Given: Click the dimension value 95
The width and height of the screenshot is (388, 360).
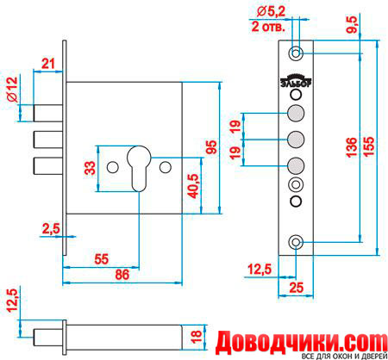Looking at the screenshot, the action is (212, 147).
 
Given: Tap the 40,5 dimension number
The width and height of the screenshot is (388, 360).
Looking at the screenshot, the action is (193, 186).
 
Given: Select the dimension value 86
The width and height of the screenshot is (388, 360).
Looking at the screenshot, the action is (122, 275).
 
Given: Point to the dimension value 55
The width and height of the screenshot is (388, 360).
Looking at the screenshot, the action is (102, 259).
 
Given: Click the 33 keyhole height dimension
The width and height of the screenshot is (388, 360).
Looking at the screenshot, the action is (90, 168).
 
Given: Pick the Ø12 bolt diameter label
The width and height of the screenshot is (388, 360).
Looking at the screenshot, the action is (12, 90).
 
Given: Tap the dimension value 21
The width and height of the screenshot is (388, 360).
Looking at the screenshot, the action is (48, 64).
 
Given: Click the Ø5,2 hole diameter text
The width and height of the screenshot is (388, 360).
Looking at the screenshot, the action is (271, 12).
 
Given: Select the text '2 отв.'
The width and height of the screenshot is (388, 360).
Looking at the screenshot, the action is (268, 27).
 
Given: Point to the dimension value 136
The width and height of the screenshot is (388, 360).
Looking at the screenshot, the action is (352, 147).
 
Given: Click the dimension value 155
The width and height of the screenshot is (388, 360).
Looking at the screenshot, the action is (369, 146).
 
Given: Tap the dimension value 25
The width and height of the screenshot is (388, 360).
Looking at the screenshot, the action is (296, 288).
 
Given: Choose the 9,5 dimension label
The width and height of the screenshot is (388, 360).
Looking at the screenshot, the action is (352, 25).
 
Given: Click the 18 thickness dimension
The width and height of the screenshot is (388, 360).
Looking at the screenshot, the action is (197, 338).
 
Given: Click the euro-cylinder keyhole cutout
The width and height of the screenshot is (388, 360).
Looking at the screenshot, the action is (139, 169).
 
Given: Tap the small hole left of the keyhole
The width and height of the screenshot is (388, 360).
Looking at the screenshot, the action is (112, 168).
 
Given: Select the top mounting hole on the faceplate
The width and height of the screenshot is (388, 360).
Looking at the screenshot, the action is (296, 53).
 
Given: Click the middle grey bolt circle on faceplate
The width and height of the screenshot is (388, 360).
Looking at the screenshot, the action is (296, 140).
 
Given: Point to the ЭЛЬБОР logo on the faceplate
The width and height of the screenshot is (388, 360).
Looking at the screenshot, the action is (296, 81).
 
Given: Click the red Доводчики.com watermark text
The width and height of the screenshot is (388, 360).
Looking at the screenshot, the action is (302, 342).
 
